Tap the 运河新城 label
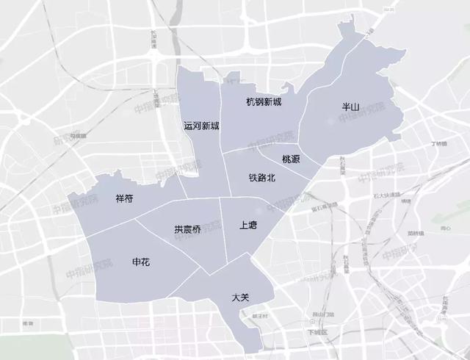tap(201, 126)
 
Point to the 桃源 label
tap(290, 159)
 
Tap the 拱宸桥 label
tap(188, 228)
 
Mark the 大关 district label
tap(241, 298)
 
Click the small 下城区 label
tap(318, 331)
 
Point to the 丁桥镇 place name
tap(439, 143)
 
